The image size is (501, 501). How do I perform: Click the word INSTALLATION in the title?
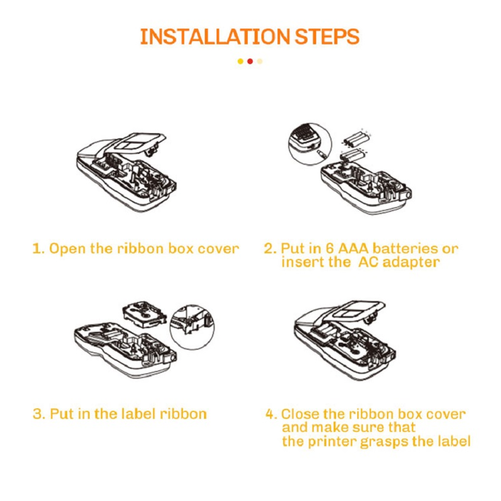(x=215, y=37)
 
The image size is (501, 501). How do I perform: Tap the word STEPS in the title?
(x=327, y=37)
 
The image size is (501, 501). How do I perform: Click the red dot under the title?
(x=250, y=61)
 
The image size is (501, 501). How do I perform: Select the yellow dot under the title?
(x=240, y=61)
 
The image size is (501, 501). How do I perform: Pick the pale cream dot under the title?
(x=260, y=61)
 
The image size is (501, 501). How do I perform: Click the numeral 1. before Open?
(x=39, y=249)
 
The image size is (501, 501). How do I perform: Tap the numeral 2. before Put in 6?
(x=271, y=249)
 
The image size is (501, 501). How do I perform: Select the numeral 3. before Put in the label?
(x=39, y=414)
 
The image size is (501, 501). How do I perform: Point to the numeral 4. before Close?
(x=271, y=415)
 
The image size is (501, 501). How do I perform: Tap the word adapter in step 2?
(x=411, y=262)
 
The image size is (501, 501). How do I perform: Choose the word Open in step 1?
(x=68, y=249)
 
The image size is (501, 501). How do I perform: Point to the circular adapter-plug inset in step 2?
(x=309, y=145)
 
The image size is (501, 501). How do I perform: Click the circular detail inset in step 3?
(x=192, y=327)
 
